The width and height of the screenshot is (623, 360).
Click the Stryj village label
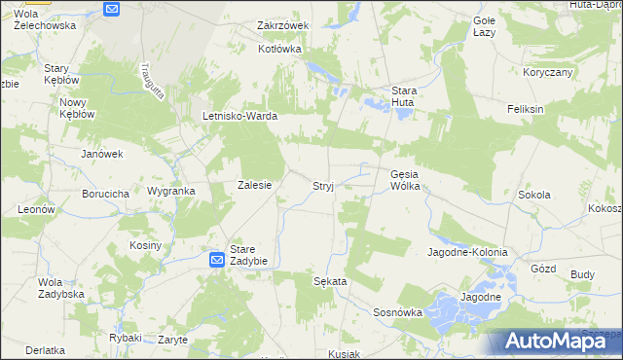coord(323,185)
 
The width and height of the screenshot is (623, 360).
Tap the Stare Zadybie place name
coord(248,255)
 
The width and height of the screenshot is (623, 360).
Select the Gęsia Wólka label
coord(404,180)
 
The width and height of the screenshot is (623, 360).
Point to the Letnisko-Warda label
coord(239,116)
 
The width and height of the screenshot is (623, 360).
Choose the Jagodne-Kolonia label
coord(467,252)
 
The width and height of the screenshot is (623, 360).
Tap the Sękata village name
coord(330,280)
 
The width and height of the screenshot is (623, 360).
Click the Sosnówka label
coord(397,312)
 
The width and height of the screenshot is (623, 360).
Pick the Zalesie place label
coord(254,185)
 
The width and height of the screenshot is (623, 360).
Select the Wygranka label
coord(170,191)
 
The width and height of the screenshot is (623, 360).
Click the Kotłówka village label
coord(282,48)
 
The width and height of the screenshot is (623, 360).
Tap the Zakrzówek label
coord(282,25)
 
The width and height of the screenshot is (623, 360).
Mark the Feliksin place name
coord(525,109)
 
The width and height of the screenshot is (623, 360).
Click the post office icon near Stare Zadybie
coord(217,260)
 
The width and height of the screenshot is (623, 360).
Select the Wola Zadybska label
coord(56,288)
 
